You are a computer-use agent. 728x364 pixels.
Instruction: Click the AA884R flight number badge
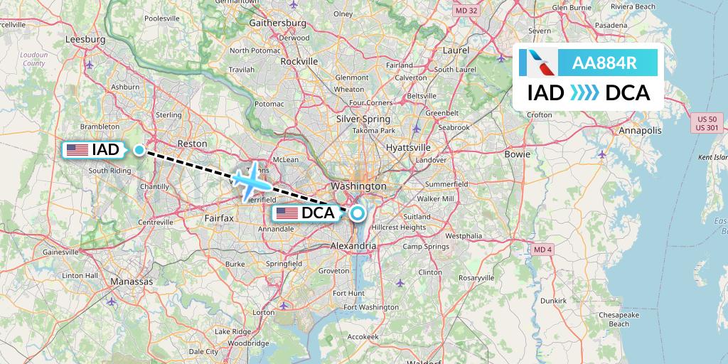pos(604,63)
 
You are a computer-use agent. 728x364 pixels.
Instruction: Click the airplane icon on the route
pos(250,181)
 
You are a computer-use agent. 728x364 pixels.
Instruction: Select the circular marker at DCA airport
pos(357,213)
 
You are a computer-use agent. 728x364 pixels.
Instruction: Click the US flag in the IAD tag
pos(77,150)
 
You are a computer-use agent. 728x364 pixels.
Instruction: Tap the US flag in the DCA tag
pos(287,213)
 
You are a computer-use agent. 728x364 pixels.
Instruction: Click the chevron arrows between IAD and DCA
pos(585,93)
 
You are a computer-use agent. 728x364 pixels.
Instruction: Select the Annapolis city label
pos(639,131)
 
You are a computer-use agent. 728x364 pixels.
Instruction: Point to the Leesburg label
pos(80,40)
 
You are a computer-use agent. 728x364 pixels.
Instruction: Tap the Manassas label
pos(132,282)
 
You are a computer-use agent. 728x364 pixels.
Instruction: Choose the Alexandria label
pos(353,245)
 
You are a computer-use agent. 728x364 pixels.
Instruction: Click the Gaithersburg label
pos(277,23)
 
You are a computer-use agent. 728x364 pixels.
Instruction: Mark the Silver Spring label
pos(363,119)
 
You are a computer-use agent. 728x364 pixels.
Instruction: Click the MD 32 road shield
pos(466,11)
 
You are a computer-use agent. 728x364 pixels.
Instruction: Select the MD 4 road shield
pos(542,249)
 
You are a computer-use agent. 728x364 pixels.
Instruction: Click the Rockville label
pos(299,61)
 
